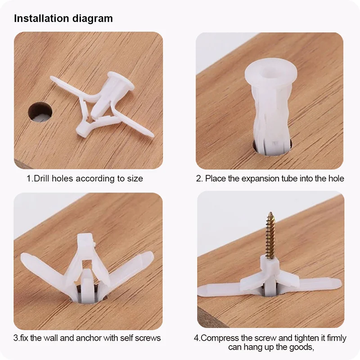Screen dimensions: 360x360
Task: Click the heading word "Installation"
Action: tap(41, 18)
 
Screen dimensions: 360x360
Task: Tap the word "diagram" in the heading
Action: tap(93, 19)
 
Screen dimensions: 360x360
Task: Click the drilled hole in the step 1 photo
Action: tap(40, 112)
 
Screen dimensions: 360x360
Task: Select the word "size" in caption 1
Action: tap(135, 179)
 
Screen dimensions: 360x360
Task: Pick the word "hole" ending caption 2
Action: tap(336, 178)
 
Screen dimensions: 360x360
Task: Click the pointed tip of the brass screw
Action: tap(271, 212)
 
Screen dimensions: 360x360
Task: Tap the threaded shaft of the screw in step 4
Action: tap(270, 237)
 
